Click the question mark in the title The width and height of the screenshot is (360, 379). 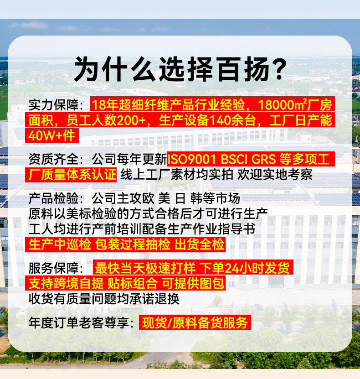click(x=279, y=69)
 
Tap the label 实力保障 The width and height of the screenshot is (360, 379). click(x=53, y=105)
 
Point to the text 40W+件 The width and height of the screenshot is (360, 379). click(x=51, y=135)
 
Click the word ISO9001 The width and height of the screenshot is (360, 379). click(x=191, y=159)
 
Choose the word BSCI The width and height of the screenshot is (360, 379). click(x=234, y=159)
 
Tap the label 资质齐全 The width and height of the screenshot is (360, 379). click(x=53, y=159)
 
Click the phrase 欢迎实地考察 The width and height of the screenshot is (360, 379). click(x=275, y=175)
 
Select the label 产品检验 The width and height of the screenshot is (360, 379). click(x=53, y=198)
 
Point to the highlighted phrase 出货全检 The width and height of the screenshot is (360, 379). click(x=199, y=244)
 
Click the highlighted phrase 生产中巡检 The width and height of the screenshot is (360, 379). click(x=60, y=244)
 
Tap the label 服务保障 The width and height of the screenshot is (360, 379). click(x=53, y=268)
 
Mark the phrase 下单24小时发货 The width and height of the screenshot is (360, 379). click(x=245, y=268)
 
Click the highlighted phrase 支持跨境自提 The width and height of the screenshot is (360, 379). click(x=66, y=283)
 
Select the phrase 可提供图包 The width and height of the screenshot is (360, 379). click(x=193, y=283)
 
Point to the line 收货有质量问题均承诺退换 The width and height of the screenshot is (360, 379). click(x=104, y=299)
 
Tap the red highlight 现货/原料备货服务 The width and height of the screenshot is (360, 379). click(x=195, y=322)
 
